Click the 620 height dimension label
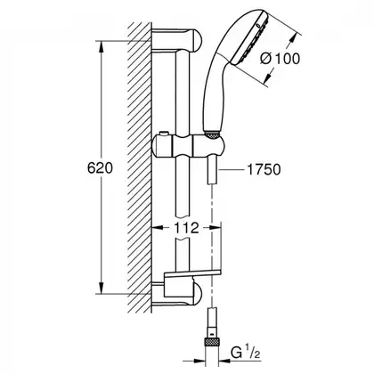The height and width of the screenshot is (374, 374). pyautogui.click(x=100, y=168)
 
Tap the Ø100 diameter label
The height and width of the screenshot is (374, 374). pyautogui.click(x=280, y=59)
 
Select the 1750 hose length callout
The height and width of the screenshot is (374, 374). pyautogui.click(x=264, y=170)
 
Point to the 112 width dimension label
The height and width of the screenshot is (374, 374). pyautogui.click(x=186, y=228)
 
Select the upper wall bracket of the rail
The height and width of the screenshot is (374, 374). pyautogui.click(x=177, y=41)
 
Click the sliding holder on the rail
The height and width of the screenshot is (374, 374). pyautogui.click(x=189, y=145)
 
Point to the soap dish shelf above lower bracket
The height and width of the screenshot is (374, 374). pyautogui.click(x=191, y=274)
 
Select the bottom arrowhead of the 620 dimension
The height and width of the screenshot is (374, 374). pyautogui.click(x=102, y=288)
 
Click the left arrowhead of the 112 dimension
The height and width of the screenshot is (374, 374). pyautogui.click(x=158, y=228)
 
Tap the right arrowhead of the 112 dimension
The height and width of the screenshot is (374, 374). pyautogui.click(x=215, y=228)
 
